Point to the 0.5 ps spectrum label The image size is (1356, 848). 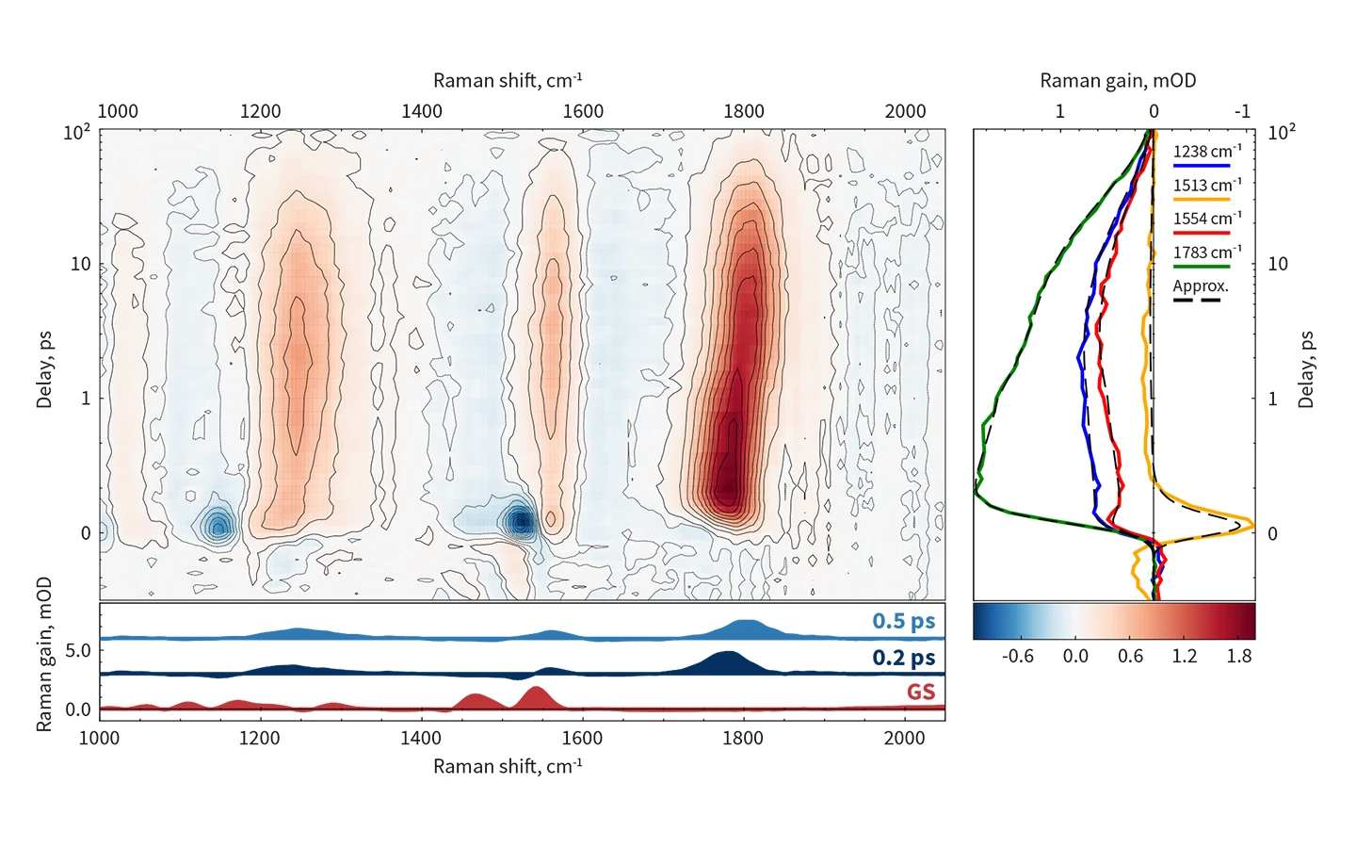point(903,621)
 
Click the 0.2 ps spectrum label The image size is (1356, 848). point(903,657)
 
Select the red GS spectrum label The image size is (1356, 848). point(920,693)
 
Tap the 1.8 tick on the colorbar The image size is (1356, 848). point(1239,656)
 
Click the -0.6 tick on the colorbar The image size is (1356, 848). point(1017,656)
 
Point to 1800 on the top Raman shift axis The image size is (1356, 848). point(744,111)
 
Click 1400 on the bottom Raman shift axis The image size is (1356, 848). point(420,738)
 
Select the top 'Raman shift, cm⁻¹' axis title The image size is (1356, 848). point(508,81)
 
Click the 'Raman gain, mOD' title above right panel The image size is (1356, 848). point(1118,81)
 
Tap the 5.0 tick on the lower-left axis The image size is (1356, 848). point(78,651)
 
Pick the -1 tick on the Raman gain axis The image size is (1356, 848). point(1242,111)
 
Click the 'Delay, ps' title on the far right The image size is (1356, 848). point(1305,368)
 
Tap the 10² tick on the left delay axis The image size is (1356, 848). point(76,132)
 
